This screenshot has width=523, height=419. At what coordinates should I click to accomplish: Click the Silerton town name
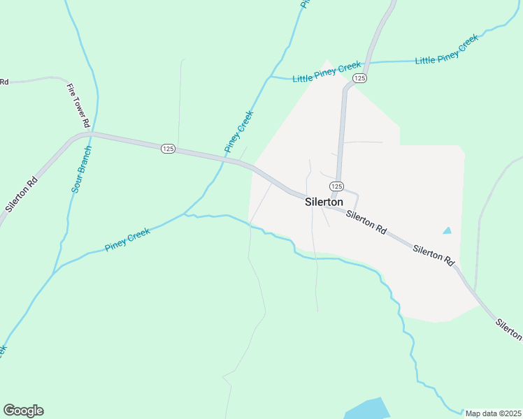pos(324,201)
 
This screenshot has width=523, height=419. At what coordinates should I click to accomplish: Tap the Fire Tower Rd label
pos(79,105)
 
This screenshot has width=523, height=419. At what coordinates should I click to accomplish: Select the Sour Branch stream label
pos(81,170)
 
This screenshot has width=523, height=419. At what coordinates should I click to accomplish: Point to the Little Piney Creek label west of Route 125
pos(327,72)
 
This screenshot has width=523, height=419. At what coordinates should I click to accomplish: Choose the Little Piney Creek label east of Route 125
pos(447,50)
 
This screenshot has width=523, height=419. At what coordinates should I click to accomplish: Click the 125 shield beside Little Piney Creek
pos(359,78)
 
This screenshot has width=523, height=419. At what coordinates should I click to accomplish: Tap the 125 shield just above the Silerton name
pos(336,186)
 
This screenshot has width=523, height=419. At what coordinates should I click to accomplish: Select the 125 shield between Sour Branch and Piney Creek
pos(168,149)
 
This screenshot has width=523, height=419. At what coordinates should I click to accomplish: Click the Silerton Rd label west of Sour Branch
pos(21,192)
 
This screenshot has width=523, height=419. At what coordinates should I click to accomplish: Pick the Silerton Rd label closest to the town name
pos(366,223)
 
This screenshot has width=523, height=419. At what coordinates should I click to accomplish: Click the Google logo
pos(23,411)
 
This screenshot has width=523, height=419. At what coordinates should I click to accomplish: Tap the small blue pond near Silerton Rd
pos(447,230)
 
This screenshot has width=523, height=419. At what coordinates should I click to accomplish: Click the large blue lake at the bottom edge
pos(367,409)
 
